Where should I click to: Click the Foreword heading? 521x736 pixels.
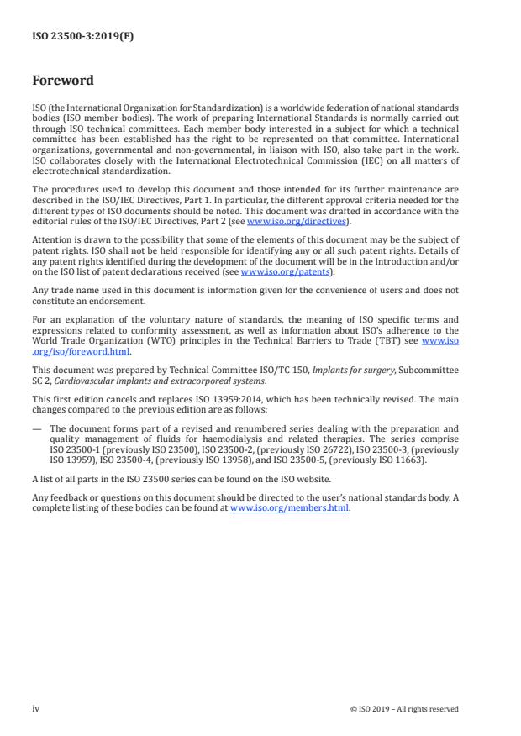pos(63,81)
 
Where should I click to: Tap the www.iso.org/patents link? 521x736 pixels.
pos(286,272)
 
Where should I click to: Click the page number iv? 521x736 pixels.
pos(36,708)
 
